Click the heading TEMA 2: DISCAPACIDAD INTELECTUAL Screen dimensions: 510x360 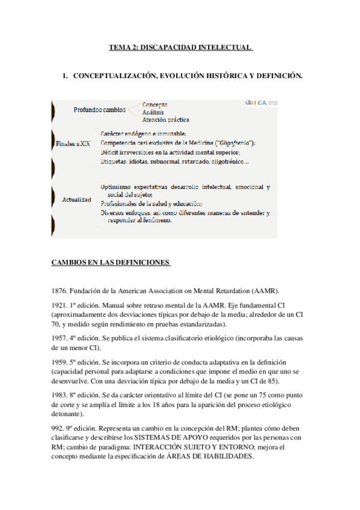point(180,47)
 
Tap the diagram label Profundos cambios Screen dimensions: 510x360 point(100,110)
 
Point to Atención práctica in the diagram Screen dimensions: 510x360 point(165,119)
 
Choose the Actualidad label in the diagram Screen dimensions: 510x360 point(76,199)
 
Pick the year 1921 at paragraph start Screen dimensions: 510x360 point(61,306)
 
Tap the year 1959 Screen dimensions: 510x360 point(61,362)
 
